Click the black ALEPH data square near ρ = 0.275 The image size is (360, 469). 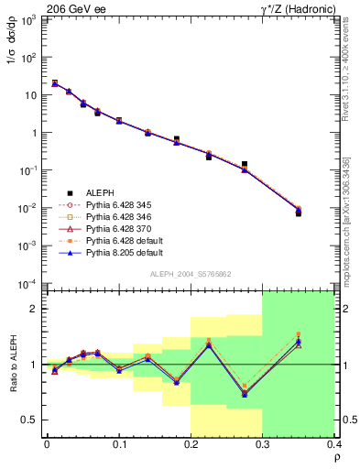click(x=244, y=165)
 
